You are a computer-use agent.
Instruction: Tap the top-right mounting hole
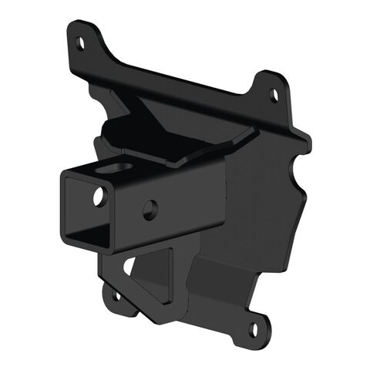coord(274,96)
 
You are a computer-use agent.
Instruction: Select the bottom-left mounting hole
coord(116,294)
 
